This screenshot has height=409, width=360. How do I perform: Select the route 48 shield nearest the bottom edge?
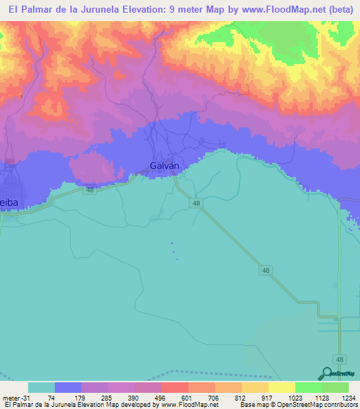pyautogui.click(x=340, y=358)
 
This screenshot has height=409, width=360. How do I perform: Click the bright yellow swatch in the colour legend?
pyautogui.click(x=281, y=387)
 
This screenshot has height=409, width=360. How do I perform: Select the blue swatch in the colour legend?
pyautogui.click(x=68, y=387)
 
